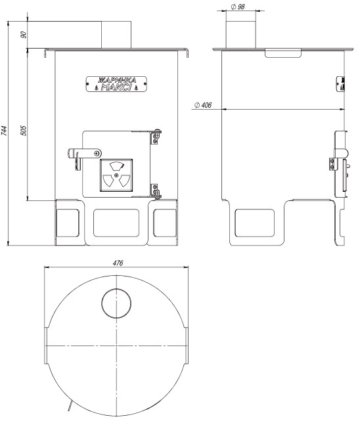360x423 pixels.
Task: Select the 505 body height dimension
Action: click(24, 130)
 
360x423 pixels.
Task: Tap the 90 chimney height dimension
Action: click(24, 35)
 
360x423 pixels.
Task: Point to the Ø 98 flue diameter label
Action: click(238, 7)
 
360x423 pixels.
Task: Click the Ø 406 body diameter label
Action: click(203, 105)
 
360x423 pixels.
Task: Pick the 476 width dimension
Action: click(118, 263)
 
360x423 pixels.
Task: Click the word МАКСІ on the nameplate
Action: click(116, 87)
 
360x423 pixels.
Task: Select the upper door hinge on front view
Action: click(156, 137)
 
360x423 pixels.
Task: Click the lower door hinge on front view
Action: click(156, 191)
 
